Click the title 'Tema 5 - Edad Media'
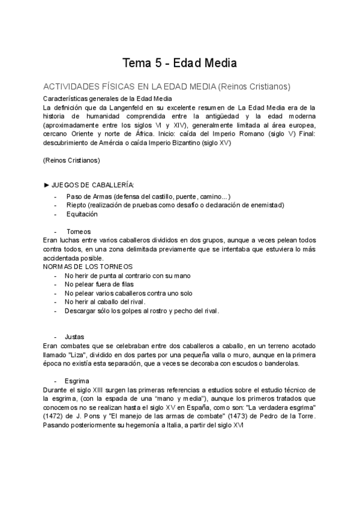coord(179,63)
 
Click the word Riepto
coord(76,205)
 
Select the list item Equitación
coord(82,214)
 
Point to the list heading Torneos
coord(79,232)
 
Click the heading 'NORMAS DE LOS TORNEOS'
coord(88,267)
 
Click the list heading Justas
coord(76,337)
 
